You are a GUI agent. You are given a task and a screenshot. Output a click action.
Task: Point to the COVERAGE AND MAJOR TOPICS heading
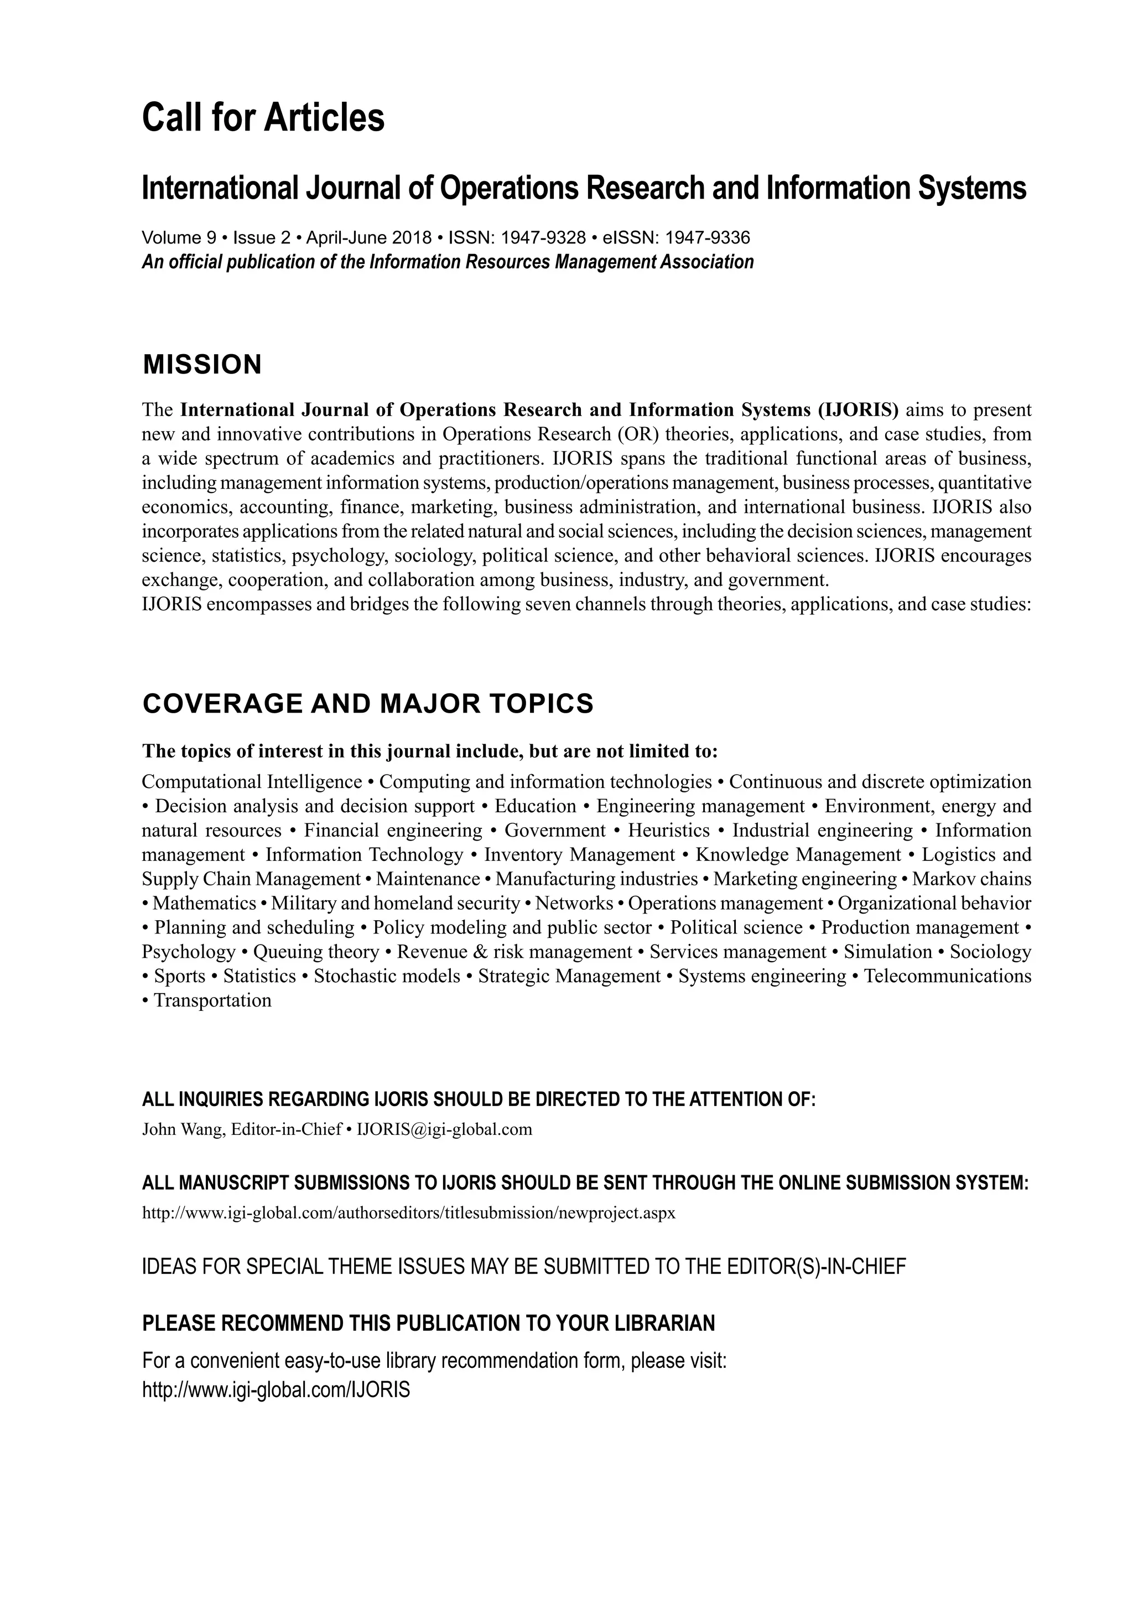click(x=367, y=704)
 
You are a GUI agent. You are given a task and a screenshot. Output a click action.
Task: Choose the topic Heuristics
click(x=668, y=831)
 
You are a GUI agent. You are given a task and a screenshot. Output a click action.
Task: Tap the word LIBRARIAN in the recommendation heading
click(x=665, y=1324)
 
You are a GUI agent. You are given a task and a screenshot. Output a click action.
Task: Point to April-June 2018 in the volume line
click(x=369, y=237)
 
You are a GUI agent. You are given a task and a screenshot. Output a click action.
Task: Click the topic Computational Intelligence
click(x=252, y=782)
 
